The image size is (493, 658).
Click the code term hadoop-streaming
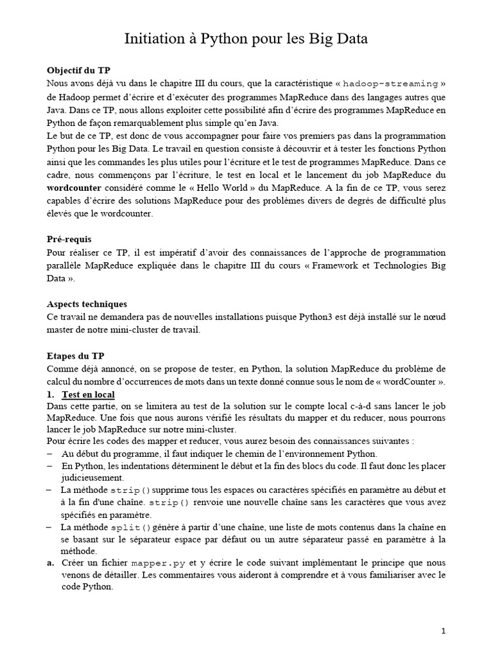[390, 84]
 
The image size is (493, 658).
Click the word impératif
[193, 253]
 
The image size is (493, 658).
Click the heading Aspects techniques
[87, 303]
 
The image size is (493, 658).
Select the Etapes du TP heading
[76, 355]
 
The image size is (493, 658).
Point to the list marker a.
[50, 563]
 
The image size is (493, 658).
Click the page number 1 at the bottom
[443, 632]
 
